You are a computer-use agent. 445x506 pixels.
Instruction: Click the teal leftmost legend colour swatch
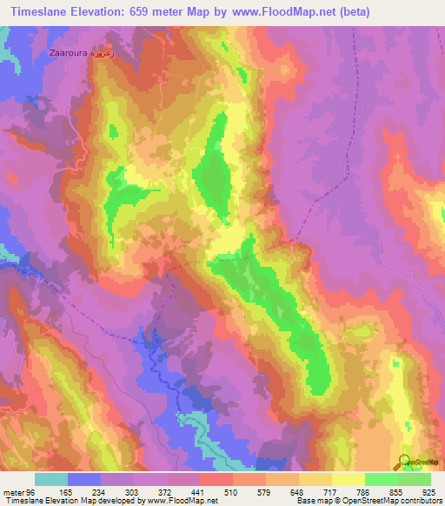(x=51, y=479)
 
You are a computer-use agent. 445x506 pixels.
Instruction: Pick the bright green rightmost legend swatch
(x=414, y=479)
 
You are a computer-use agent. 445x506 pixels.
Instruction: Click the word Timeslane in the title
(x=40, y=12)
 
